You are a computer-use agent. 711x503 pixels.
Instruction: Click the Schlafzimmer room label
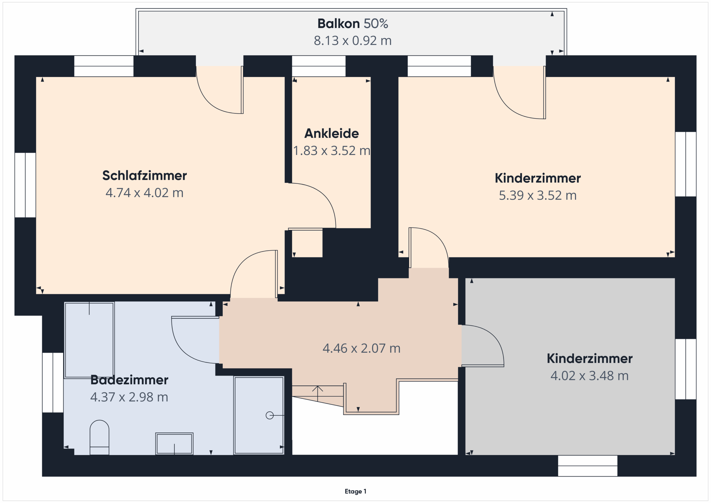click(x=145, y=176)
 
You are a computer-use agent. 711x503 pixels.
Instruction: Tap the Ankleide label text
click(x=332, y=134)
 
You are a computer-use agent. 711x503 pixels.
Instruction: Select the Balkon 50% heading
click(x=353, y=24)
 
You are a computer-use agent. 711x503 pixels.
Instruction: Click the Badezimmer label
click(x=129, y=380)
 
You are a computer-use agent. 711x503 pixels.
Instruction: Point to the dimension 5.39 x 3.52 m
click(x=538, y=196)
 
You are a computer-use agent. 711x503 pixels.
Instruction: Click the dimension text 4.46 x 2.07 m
click(x=361, y=349)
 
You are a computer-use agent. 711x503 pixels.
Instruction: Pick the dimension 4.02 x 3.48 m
click(x=590, y=376)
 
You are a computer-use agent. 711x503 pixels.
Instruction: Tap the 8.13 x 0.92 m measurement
click(x=353, y=41)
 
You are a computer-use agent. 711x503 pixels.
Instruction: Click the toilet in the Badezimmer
click(x=99, y=437)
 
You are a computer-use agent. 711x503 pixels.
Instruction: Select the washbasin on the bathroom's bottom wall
click(x=174, y=444)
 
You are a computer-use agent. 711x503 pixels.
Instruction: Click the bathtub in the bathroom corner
click(x=89, y=340)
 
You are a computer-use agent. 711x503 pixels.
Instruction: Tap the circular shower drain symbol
click(x=270, y=415)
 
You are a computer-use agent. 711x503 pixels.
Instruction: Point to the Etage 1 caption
click(x=355, y=491)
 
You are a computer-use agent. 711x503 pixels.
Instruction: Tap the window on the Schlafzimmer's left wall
click(x=25, y=185)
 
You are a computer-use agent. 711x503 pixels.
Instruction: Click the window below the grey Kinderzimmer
click(x=587, y=466)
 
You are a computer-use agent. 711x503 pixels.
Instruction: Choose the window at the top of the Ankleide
click(x=319, y=66)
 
